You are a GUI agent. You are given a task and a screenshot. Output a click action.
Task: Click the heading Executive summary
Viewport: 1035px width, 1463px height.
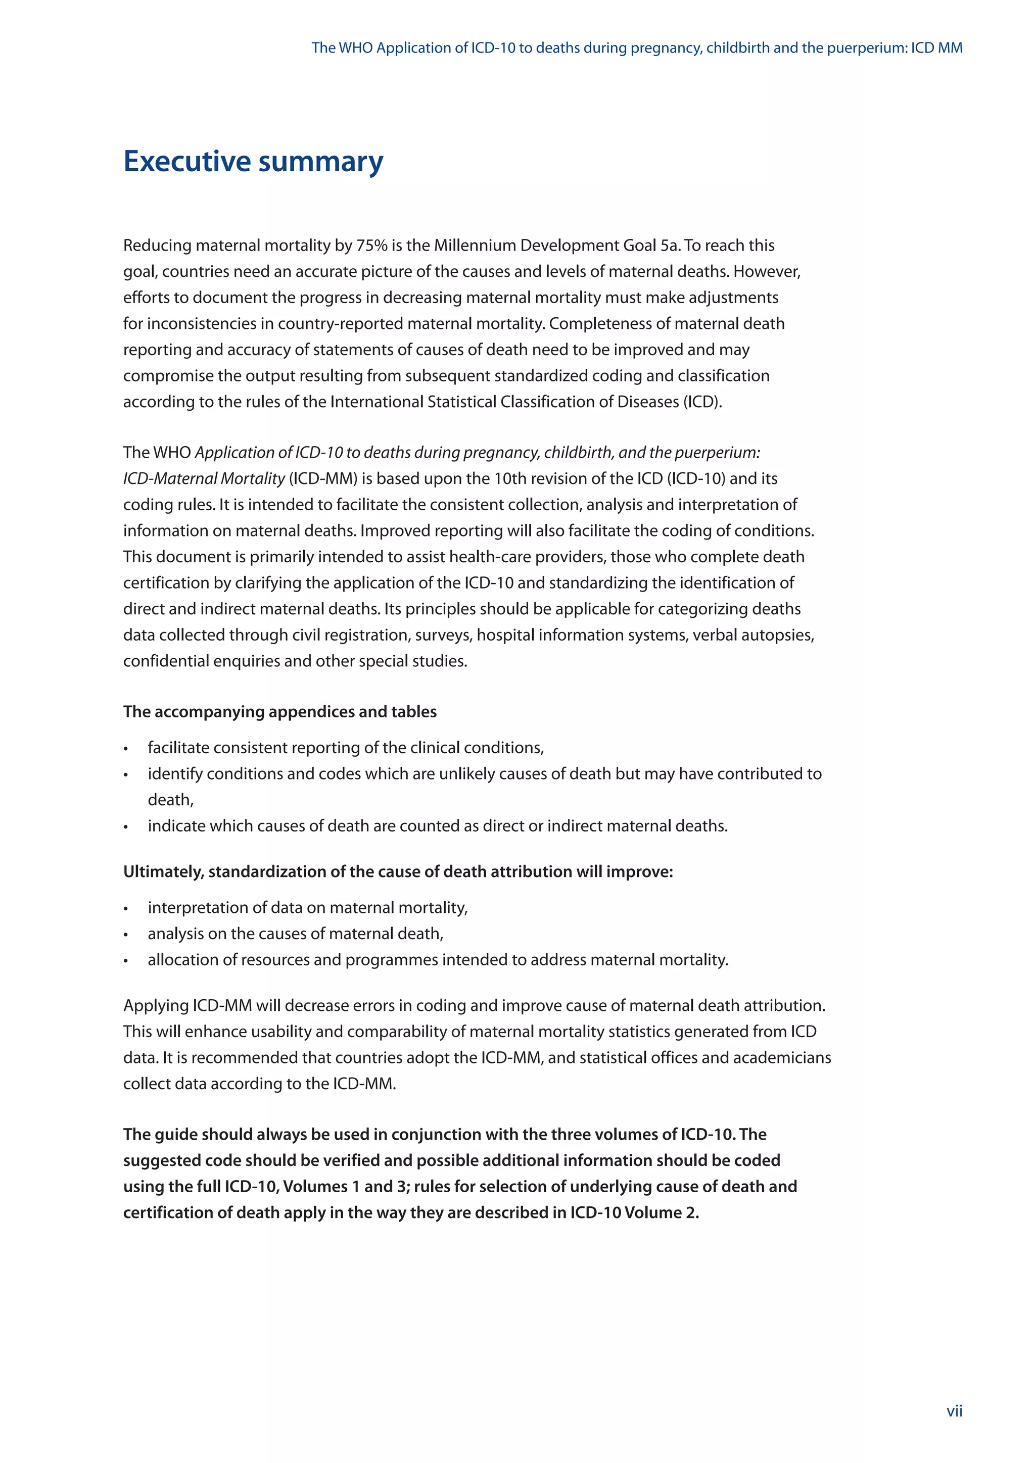(x=253, y=161)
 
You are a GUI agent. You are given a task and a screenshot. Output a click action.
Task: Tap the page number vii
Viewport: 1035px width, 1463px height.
(x=954, y=1411)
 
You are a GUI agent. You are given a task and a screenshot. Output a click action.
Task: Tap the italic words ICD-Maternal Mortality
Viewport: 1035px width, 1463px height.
(x=204, y=478)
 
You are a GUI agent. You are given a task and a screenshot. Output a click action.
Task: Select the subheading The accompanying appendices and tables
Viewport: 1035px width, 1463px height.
(x=280, y=712)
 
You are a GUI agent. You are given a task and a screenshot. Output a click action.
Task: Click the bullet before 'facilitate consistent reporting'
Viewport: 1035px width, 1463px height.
(x=126, y=749)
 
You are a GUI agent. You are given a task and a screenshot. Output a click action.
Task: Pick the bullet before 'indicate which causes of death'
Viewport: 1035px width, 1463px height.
(x=126, y=827)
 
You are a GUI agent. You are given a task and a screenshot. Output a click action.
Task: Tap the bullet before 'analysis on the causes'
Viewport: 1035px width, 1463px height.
(x=126, y=935)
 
